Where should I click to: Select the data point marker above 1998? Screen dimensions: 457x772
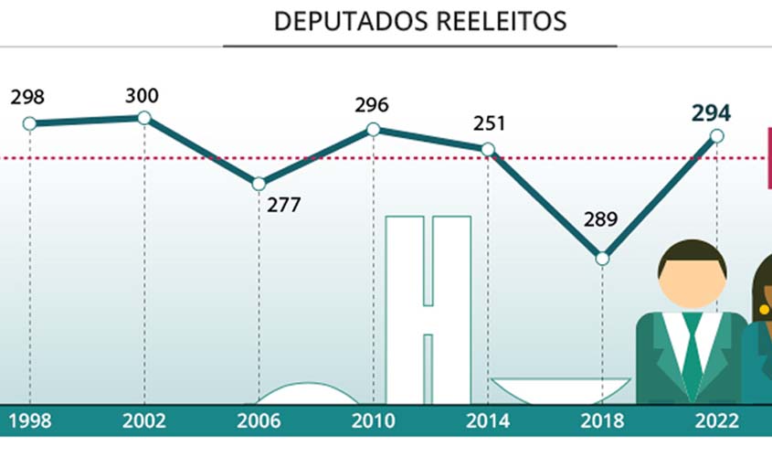pyautogui.click(x=29, y=123)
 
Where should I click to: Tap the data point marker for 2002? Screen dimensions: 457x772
pyautogui.click(x=143, y=117)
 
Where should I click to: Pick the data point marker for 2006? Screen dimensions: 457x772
pyautogui.click(x=259, y=184)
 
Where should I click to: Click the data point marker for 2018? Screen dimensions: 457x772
pyautogui.click(x=602, y=259)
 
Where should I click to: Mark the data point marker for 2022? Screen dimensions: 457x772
pyautogui.click(x=716, y=136)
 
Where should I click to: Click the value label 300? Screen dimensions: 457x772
pyautogui.click(x=143, y=95)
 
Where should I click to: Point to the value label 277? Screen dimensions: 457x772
pyautogui.click(x=283, y=205)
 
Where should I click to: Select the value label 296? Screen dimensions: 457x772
pyautogui.click(x=372, y=105)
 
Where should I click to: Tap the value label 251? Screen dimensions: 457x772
pyautogui.click(x=490, y=123)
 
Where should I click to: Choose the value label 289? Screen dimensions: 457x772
pyautogui.click(x=600, y=219)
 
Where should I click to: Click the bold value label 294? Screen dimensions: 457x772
pyautogui.click(x=711, y=113)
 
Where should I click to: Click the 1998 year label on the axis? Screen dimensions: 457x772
pyautogui.click(x=29, y=421)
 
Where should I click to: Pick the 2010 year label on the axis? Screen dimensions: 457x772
pyautogui.click(x=373, y=421)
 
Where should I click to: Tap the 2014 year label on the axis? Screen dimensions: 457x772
pyautogui.click(x=487, y=421)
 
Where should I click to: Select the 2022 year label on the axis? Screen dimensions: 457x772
pyautogui.click(x=715, y=421)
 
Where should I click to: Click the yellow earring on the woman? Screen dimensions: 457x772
pyautogui.click(x=764, y=310)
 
